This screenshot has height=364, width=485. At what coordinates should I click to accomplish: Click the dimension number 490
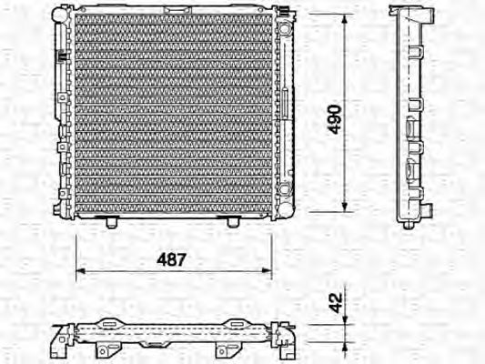coord(334,118)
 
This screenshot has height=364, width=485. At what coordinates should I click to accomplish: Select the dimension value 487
coord(173,259)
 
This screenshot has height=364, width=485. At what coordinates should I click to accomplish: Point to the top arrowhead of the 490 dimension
coord(346,18)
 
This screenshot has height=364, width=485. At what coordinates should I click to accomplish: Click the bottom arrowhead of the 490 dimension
coord(346,210)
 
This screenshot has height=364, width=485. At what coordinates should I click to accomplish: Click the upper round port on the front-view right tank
coord(286,30)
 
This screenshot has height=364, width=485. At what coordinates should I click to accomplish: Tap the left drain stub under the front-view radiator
coord(111,221)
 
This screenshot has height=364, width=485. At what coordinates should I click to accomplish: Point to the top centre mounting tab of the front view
coord(174,6)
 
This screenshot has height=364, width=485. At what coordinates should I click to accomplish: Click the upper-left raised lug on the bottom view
coord(108,321)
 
